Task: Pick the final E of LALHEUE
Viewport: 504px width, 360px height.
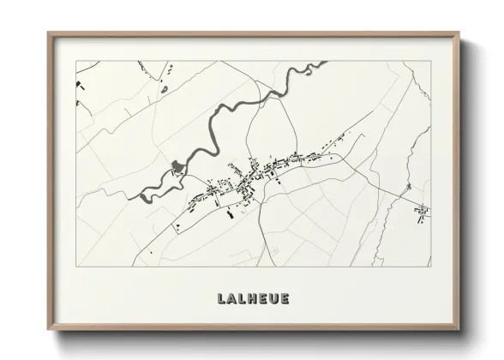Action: pos(285,299)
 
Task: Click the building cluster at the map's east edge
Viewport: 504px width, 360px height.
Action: pos(422,211)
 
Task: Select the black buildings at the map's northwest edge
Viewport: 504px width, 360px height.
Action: pos(79,84)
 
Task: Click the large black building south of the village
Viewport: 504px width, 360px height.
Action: pos(229,214)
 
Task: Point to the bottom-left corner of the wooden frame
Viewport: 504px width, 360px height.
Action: pos(49,329)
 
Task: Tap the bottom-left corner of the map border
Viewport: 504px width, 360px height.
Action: pos(76,267)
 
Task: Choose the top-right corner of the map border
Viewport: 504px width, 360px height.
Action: pos(430,61)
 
